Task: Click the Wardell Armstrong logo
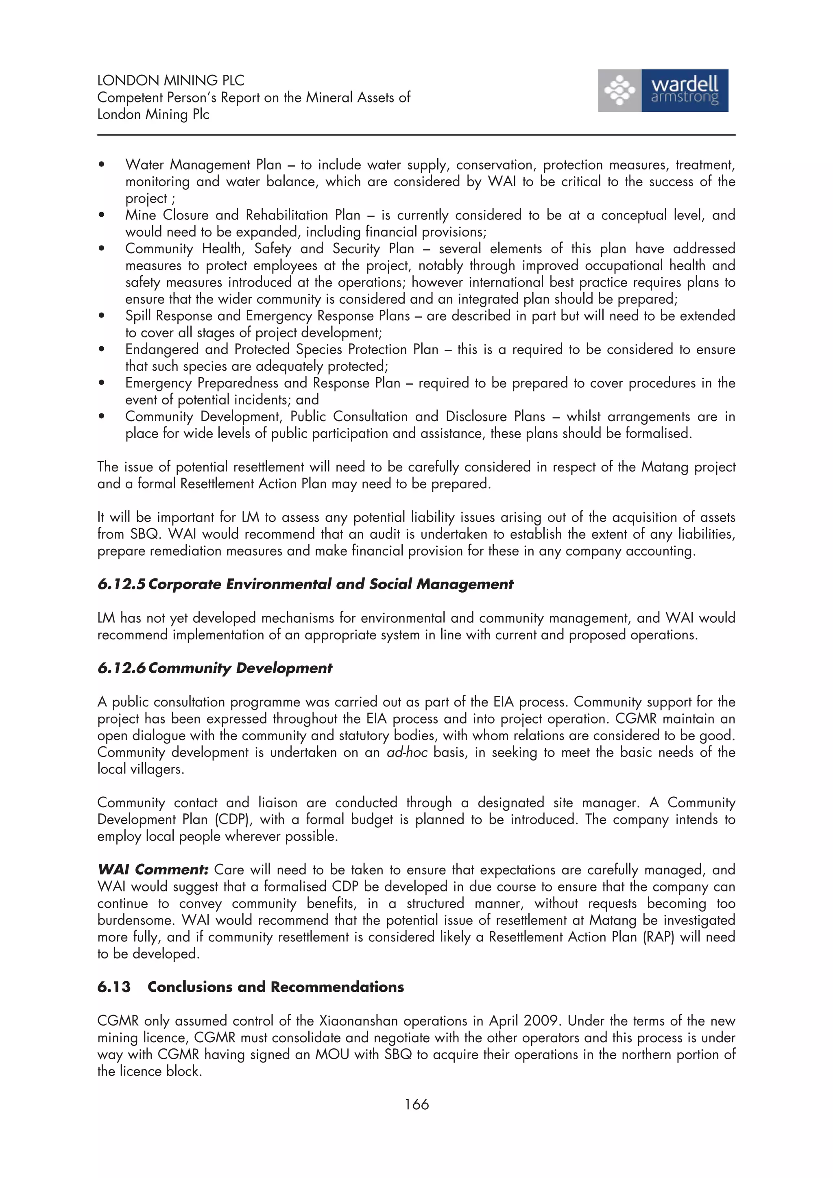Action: pos(663,91)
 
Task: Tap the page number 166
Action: pos(416,1104)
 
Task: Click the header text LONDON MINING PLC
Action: pos(170,80)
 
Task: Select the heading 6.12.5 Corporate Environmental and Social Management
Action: pos(305,585)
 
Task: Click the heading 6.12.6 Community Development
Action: pos(214,668)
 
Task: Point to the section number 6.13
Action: pos(114,987)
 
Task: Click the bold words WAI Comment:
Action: pos(153,869)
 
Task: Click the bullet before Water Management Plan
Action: pos(102,165)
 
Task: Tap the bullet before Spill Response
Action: pos(102,316)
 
